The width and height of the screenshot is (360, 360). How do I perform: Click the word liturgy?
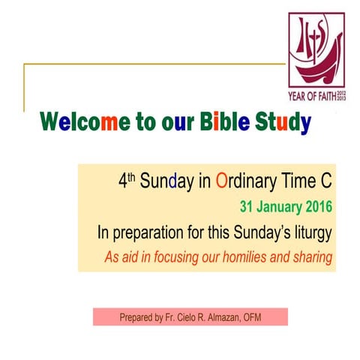pos(312,232)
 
